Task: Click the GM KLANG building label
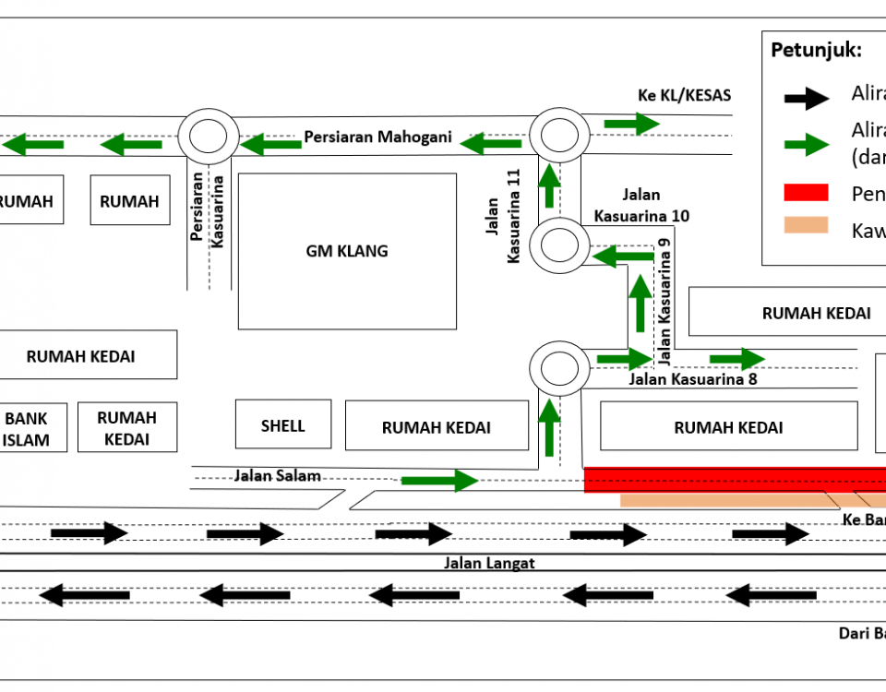(347, 251)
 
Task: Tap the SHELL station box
(282, 424)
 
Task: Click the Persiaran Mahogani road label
(378, 137)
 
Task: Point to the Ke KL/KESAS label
(684, 95)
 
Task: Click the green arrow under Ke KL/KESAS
(632, 123)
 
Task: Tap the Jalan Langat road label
(489, 563)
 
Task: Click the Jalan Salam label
(277, 476)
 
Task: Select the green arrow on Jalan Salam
(438, 480)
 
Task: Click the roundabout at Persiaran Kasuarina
(209, 137)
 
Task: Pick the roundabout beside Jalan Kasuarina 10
(559, 245)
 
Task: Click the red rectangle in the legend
(806, 193)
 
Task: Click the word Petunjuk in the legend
(815, 50)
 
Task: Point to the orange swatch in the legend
(806, 225)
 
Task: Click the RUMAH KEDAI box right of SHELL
(436, 427)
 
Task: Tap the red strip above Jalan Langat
(735, 480)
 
